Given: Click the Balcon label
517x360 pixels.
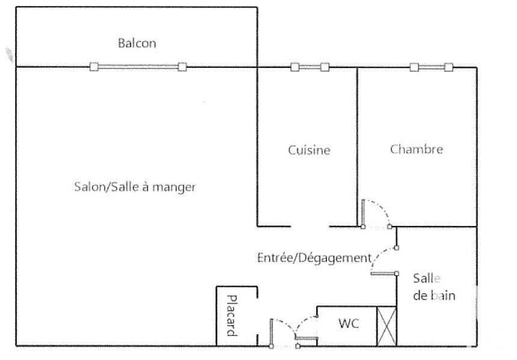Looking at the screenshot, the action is pyautogui.click(x=137, y=43).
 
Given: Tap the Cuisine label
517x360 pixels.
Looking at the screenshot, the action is pyautogui.click(x=309, y=150).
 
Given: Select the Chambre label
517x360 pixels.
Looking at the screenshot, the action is pyautogui.click(x=417, y=149).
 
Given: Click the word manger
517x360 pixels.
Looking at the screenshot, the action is pyautogui.click(x=174, y=188).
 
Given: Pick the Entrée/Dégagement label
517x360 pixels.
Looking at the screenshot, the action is pyautogui.click(x=314, y=257).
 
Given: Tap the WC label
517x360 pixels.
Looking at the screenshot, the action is pyautogui.click(x=349, y=323).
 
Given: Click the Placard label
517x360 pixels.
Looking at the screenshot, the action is pyautogui.click(x=232, y=316).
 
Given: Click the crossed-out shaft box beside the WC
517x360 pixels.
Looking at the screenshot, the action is pyautogui.click(x=387, y=326).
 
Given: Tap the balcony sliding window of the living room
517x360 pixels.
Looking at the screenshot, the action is pyautogui.click(x=138, y=67).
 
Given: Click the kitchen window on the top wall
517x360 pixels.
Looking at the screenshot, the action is pyautogui.click(x=310, y=67).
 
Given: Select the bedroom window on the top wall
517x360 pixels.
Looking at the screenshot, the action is pyautogui.click(x=431, y=67).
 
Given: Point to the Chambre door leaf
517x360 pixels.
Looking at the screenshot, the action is pyautogui.click(x=363, y=213).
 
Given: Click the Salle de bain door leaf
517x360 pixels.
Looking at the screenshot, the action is pyautogui.click(x=384, y=273).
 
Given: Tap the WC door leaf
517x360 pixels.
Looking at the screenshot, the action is pyautogui.click(x=307, y=338).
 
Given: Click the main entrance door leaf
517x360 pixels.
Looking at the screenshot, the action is pyautogui.click(x=271, y=333).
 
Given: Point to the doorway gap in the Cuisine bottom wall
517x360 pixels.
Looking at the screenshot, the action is pyautogui.click(x=310, y=227).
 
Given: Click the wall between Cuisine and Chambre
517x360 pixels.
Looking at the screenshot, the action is pyautogui.click(x=358, y=147).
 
